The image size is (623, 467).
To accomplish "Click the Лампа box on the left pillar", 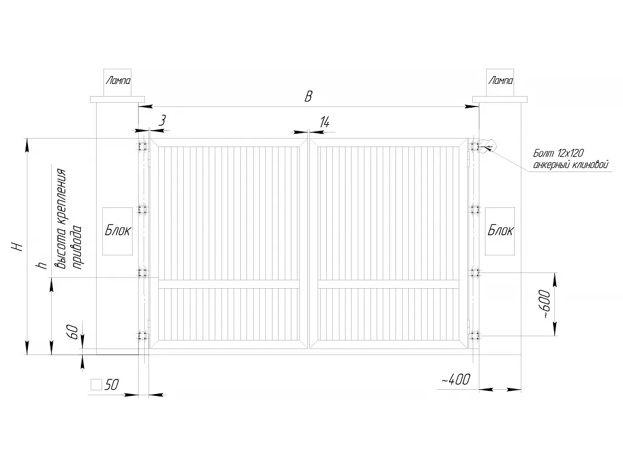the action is pos(117,83).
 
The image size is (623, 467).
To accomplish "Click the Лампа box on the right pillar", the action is pos(500,83).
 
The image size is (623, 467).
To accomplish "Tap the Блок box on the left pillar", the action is pos(117,231).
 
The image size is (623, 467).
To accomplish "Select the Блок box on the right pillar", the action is pos(500,231).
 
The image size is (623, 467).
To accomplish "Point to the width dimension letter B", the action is pos(308,97).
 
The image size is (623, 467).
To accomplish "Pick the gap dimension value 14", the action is pos(325,122).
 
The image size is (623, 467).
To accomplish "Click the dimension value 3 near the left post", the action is pos(162,120).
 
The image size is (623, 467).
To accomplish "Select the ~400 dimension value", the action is pos(456,379).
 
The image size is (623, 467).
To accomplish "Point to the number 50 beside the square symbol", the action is pos(112,384).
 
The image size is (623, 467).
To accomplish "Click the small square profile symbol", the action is pos(96,384).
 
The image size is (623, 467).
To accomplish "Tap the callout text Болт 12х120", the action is pos(559,154).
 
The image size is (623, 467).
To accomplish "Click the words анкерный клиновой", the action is pos(571,165).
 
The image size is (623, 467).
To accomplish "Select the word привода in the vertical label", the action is pos(77,247).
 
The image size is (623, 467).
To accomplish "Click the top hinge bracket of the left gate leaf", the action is pos(142,146).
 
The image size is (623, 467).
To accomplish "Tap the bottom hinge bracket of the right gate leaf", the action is pos(474,336).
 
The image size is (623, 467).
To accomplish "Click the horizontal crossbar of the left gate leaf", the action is pos(229,284).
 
